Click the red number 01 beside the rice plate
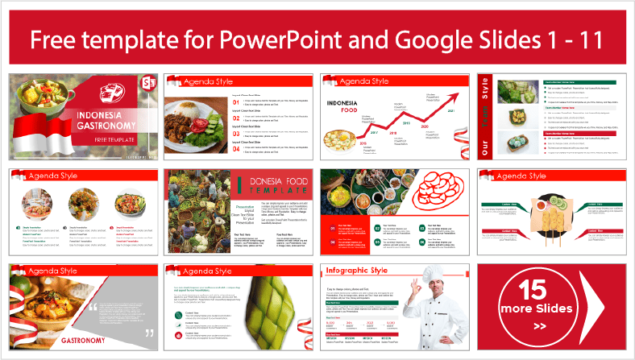[235, 102]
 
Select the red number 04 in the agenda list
[235, 147]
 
